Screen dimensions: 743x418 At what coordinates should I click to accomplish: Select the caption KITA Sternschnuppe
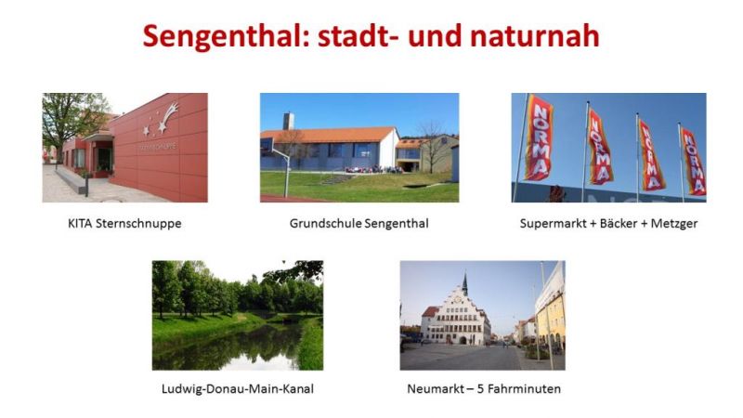point(124,224)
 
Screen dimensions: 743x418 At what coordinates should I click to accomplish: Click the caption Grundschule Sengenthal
point(359,224)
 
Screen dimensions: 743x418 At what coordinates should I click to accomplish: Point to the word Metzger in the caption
point(674,224)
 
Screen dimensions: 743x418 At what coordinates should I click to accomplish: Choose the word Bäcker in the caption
point(619,223)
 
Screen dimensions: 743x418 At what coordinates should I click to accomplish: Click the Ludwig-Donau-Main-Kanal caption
point(238,389)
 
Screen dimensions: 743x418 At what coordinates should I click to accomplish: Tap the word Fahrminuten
point(524,389)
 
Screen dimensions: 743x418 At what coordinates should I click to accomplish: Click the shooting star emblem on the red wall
point(162,119)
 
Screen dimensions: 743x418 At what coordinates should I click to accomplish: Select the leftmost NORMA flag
point(539,137)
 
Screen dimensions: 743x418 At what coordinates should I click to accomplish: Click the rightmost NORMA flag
point(693,161)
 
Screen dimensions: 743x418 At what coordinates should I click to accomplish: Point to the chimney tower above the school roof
point(288,121)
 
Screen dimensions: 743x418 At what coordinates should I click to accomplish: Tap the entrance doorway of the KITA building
point(105,159)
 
